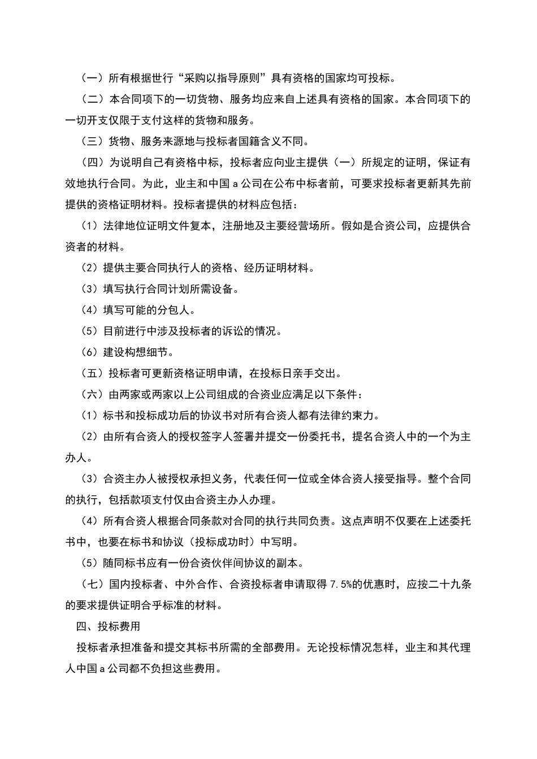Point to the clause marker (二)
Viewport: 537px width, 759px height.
[x=93, y=99]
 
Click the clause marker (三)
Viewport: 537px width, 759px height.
[x=93, y=141]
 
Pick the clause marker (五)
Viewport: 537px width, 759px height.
[x=93, y=373]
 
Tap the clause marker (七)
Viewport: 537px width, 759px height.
[x=93, y=584]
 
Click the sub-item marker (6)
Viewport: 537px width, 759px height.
[x=90, y=352]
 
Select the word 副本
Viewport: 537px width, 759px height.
[x=292, y=563]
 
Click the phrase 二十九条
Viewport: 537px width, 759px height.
[x=449, y=584]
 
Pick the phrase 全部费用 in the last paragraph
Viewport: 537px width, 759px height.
[x=275, y=648]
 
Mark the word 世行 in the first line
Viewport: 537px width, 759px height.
[x=163, y=78]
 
